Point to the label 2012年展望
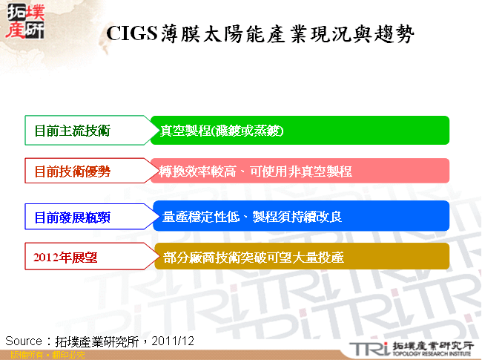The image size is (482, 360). (x=66, y=258)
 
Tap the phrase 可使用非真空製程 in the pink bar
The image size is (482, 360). (x=304, y=172)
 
